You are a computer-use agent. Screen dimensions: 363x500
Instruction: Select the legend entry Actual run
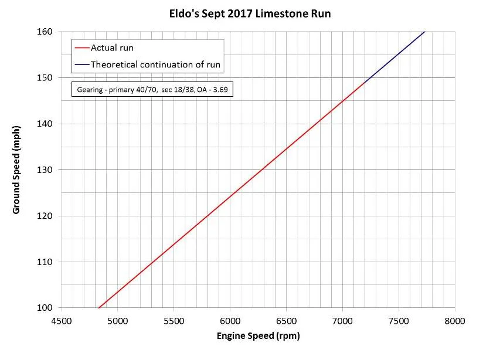[112, 48]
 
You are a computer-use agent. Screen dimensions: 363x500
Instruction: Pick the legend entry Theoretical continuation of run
[155, 65]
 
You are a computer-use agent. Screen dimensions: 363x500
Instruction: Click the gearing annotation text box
[152, 90]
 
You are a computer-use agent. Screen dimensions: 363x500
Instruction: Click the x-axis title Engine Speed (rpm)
[258, 336]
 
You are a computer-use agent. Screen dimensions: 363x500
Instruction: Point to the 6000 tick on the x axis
[230, 321]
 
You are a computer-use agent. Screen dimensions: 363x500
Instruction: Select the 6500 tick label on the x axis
[286, 321]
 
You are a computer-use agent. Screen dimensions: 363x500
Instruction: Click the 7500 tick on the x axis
[399, 321]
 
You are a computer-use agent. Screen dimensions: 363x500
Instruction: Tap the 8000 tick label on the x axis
[454, 321]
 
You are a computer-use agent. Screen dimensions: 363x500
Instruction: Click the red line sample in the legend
[81, 48]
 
